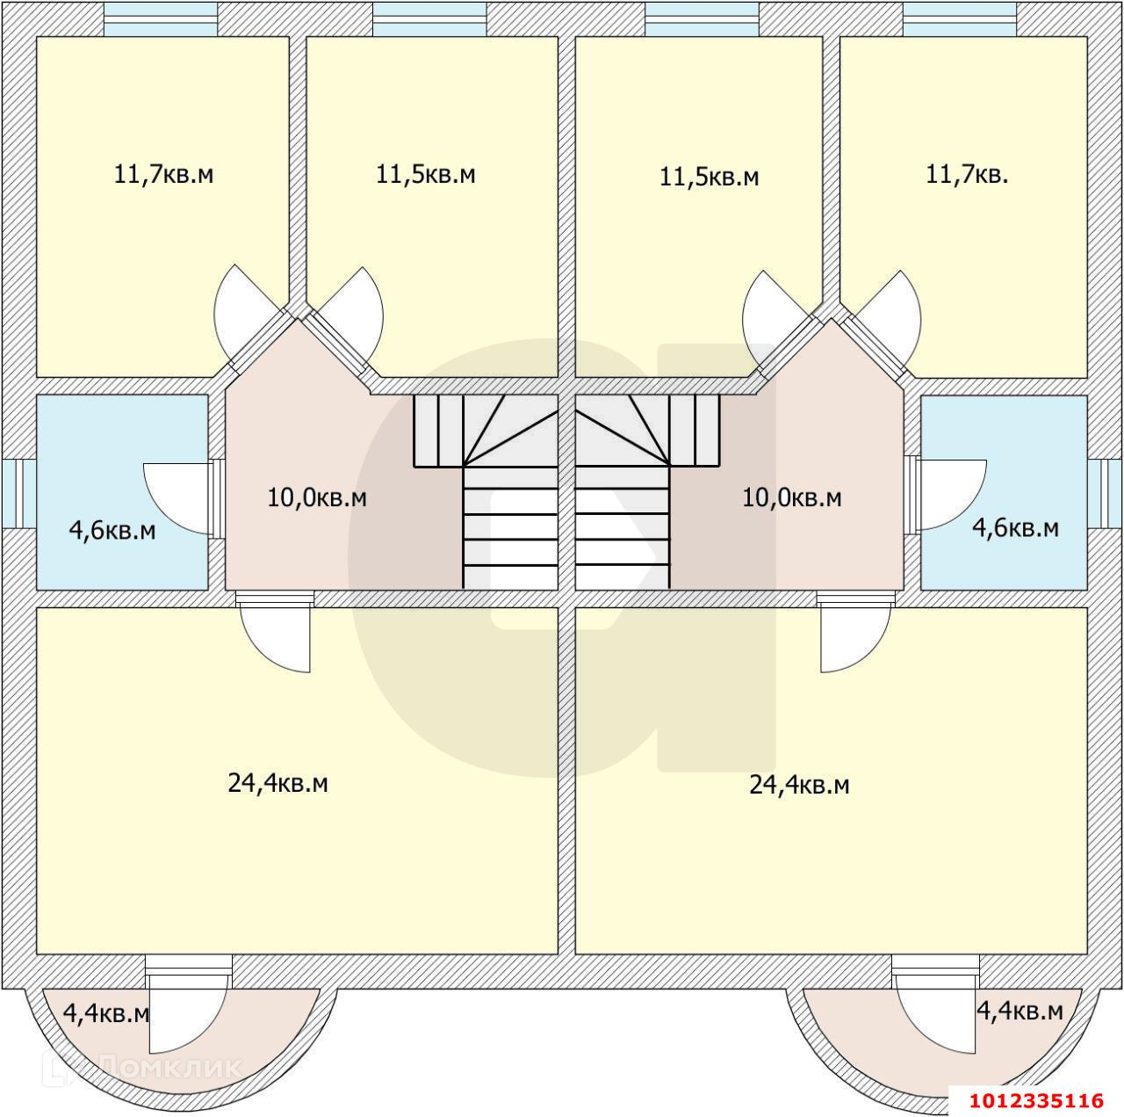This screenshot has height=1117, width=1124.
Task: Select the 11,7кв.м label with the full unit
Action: pos(164,174)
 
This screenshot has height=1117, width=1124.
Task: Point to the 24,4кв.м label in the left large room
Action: pos(277,783)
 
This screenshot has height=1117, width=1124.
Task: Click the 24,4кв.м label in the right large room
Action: pos(799,785)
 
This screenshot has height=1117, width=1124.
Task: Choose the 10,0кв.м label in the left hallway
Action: pos(317,497)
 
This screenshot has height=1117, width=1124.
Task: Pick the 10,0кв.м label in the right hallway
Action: pos(792,497)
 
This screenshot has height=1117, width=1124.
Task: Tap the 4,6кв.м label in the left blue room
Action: pos(112,531)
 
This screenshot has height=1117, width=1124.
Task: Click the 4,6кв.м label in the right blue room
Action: pos(1015,528)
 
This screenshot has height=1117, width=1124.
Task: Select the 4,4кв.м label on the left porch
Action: pos(105,1013)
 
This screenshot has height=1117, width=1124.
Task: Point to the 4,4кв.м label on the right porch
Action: pos(1020,1011)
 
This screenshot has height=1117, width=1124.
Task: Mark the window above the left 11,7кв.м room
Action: pos(161,18)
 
